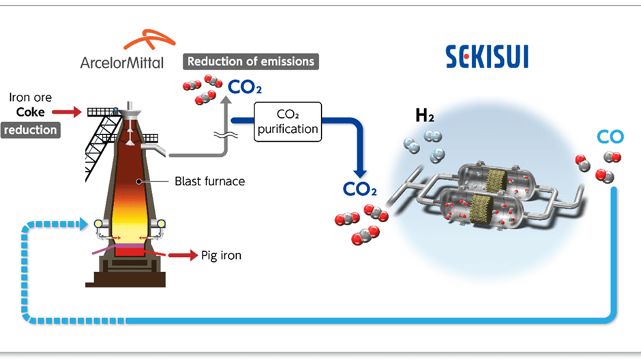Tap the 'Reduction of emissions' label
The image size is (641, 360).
click(x=251, y=61)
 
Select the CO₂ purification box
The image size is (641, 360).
click(x=288, y=121)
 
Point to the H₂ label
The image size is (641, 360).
click(x=426, y=115)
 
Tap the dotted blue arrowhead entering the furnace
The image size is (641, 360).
click(x=85, y=223)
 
